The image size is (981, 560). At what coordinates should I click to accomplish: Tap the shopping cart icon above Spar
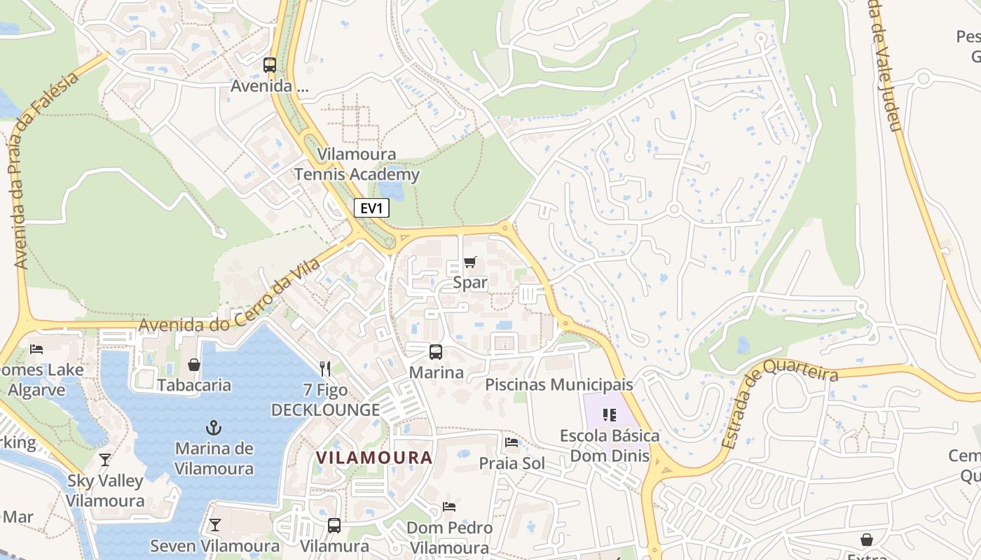click(469, 262)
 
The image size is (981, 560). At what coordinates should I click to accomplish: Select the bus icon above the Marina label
click(436, 352)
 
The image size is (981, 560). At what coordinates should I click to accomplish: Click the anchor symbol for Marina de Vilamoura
click(214, 427)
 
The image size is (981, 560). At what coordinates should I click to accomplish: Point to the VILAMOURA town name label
click(373, 458)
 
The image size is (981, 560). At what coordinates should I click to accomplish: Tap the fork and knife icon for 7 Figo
click(324, 368)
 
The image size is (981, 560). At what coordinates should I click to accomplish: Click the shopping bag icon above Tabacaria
click(194, 365)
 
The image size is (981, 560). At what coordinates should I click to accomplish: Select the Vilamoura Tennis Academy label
click(357, 164)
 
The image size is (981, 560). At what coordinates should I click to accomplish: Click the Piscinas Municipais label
click(559, 384)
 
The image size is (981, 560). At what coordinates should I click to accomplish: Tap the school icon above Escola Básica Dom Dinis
click(609, 414)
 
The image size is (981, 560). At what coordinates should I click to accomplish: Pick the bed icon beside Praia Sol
click(512, 442)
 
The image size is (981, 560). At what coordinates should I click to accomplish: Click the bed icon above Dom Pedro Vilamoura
click(449, 506)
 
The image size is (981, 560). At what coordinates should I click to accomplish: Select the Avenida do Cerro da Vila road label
click(230, 297)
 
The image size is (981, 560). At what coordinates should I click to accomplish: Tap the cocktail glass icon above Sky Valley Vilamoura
click(105, 460)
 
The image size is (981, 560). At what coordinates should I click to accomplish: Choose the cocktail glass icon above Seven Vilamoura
click(214, 524)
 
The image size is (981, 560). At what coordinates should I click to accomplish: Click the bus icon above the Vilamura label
click(334, 525)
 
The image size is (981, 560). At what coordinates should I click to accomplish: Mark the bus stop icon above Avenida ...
click(270, 65)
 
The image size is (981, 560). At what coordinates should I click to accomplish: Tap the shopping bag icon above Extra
click(867, 540)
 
